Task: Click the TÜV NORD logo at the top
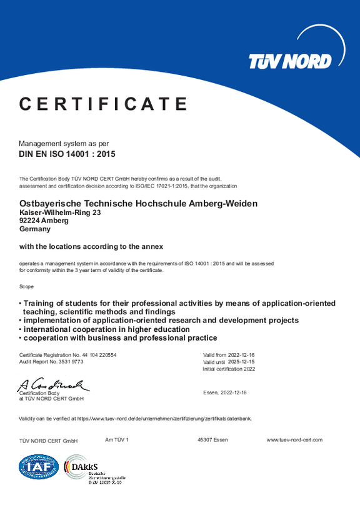click(x=290, y=61)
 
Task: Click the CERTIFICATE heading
click(x=104, y=104)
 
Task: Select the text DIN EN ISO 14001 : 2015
click(x=67, y=153)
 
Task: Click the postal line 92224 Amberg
click(x=44, y=221)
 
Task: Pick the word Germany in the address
click(x=36, y=229)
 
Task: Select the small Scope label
click(x=27, y=286)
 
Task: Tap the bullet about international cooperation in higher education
click(x=106, y=329)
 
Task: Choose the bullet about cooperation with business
click(x=120, y=337)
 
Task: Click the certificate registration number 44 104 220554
click(x=97, y=354)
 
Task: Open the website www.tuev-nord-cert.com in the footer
click(x=294, y=440)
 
